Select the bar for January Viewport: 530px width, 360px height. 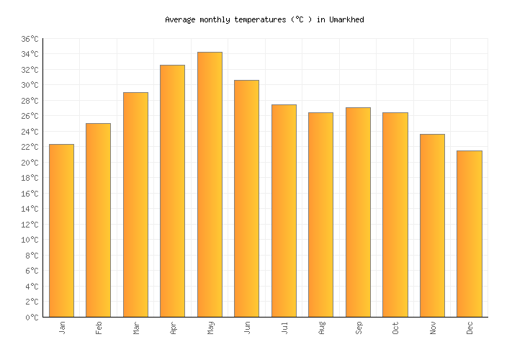pyautogui.click(x=61, y=230)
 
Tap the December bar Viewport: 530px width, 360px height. pyautogui.click(x=469, y=233)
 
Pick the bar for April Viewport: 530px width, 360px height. pyautogui.click(x=172, y=191)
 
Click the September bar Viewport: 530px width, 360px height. pyautogui.click(x=358, y=212)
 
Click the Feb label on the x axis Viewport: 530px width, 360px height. pyautogui.click(x=99, y=327)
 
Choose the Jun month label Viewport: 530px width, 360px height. pyautogui.click(x=247, y=327)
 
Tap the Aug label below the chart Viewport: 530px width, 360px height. pyautogui.click(x=321, y=327)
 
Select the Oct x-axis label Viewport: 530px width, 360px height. pyautogui.click(x=395, y=327)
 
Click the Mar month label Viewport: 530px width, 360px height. pyautogui.click(x=136, y=327)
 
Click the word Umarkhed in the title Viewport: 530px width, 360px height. pyautogui.click(x=346, y=20)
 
